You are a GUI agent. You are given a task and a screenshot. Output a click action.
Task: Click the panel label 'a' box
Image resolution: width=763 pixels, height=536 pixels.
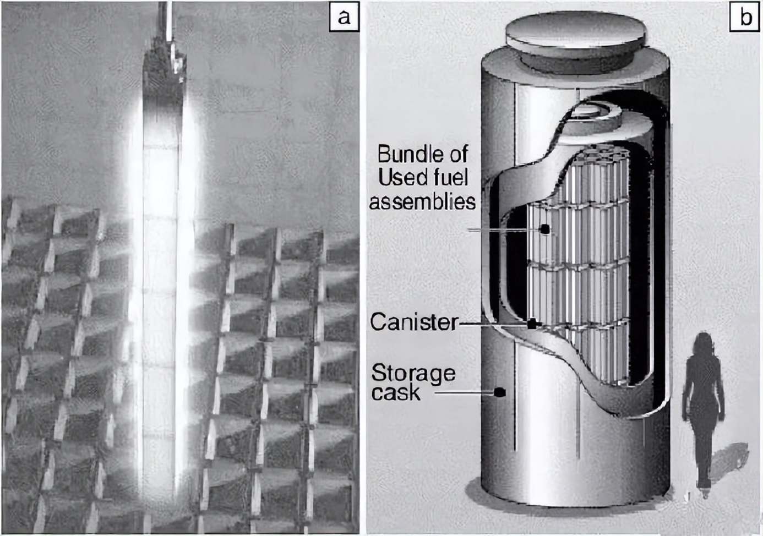[344, 17]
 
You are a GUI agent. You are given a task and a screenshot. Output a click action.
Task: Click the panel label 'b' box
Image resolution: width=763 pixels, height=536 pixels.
[745, 17]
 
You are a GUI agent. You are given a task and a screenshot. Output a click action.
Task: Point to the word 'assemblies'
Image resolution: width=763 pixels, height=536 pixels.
[422, 201]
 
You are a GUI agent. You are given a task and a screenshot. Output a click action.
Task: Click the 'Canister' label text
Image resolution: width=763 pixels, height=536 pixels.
[414, 322]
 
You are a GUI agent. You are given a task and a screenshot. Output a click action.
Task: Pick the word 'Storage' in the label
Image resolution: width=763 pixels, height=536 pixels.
[413, 373]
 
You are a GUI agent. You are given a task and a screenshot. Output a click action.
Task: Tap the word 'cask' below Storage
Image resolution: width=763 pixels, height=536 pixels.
[395, 393]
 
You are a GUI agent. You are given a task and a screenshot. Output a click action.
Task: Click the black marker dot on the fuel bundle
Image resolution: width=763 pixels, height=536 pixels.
[544, 229]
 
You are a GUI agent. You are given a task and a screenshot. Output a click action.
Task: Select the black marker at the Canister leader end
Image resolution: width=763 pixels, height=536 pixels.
[532, 324]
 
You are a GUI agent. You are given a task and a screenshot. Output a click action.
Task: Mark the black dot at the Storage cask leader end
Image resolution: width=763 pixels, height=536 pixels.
[499, 392]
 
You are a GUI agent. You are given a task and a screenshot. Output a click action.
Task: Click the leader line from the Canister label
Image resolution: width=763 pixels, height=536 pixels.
[493, 324]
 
